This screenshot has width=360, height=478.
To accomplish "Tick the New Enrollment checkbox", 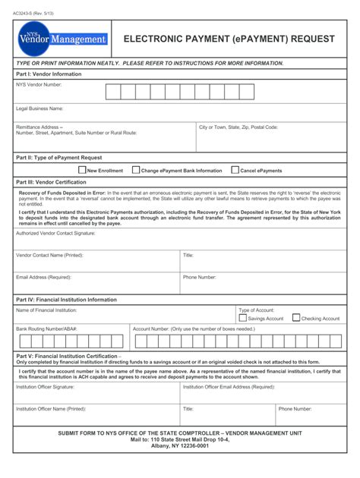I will pos(82,171).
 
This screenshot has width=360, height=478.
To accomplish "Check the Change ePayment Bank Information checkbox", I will pos(136,171).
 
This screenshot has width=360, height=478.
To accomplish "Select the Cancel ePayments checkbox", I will pos(235,171).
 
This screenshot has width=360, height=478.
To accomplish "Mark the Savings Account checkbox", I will pos(243,318).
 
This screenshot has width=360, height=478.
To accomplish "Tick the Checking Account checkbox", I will pos(296,318).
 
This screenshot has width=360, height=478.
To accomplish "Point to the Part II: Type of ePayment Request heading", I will pos(58,158).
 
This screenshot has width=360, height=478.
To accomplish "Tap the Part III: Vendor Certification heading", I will pos(51,183).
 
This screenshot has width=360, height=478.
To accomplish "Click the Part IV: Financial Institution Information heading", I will pos(67,300).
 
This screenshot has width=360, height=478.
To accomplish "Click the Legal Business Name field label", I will pos(39,108).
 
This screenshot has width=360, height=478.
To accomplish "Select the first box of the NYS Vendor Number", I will pos(112,93).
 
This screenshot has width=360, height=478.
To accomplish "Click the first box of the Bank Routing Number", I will pos(21,341).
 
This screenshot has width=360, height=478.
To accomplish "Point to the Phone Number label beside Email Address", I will pos(200,278).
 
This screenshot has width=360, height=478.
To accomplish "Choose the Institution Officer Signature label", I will pos(46,387).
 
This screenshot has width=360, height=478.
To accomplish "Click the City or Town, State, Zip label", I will pos(238,127).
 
